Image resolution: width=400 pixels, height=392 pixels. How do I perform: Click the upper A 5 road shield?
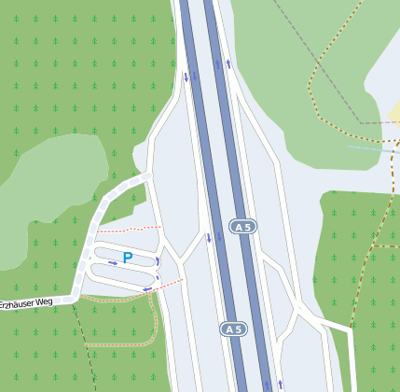click(x=242, y=227)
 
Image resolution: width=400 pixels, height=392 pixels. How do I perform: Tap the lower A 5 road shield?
click(x=233, y=329)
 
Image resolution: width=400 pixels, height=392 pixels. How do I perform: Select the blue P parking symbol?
click(x=128, y=257)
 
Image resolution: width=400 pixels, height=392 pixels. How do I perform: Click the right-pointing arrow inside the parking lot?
click(x=114, y=263)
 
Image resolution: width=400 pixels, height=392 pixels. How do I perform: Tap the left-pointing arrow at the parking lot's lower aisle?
click(x=147, y=288)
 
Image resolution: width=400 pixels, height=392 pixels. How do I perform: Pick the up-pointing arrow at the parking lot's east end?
click(x=159, y=262)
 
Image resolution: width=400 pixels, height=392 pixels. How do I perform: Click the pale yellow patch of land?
click(x=394, y=114)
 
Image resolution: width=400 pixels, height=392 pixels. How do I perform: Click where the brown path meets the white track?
click(x=351, y=329)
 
